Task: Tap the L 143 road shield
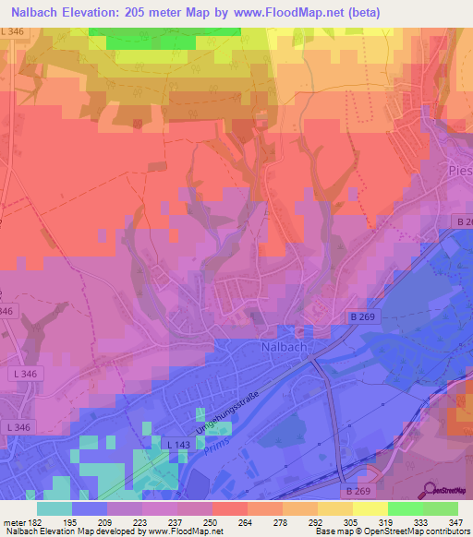180,445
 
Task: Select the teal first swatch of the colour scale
55,508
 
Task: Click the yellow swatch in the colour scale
370,508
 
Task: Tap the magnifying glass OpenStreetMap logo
430,491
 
